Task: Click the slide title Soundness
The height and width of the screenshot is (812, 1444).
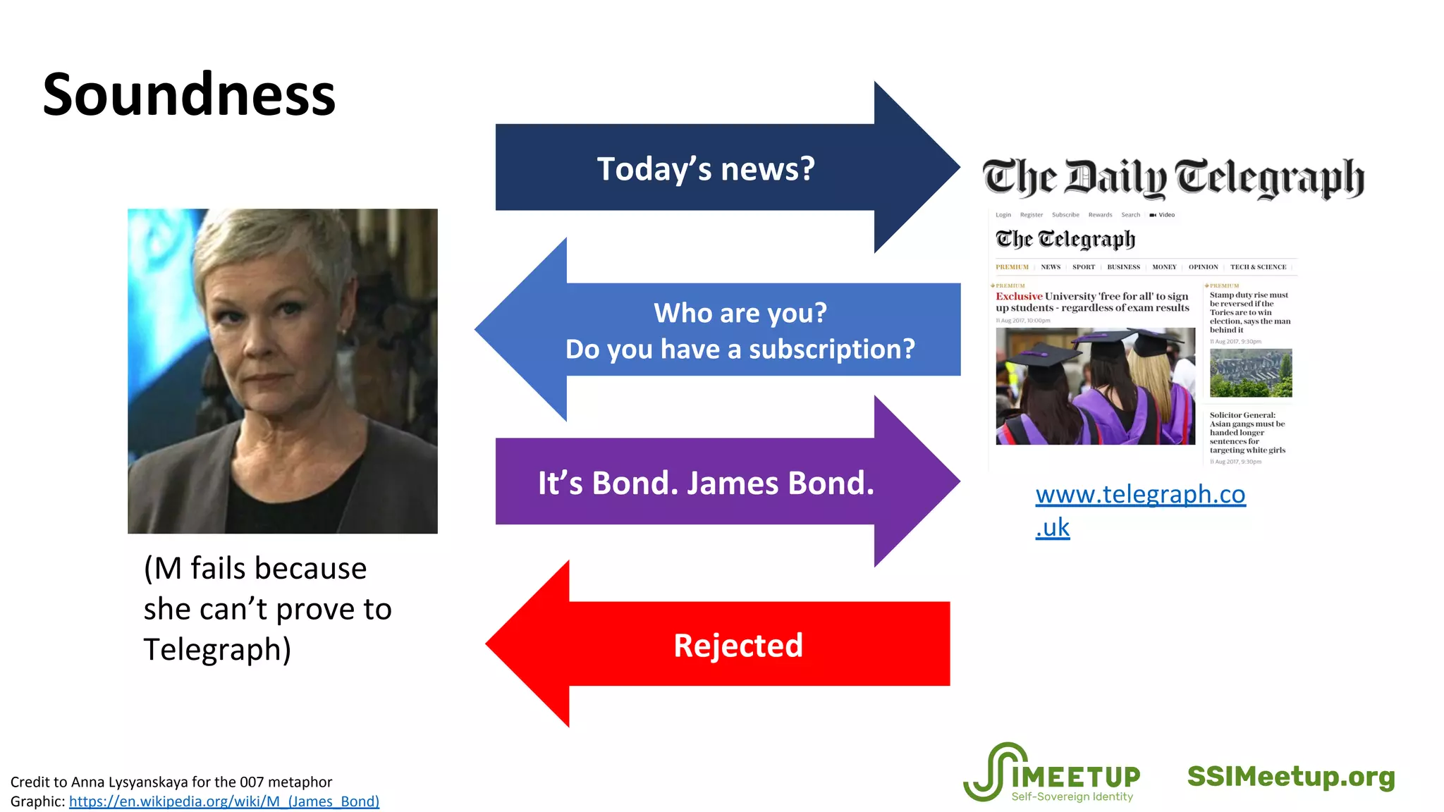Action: coord(189,95)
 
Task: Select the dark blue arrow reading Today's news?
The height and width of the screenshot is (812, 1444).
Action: coord(705,168)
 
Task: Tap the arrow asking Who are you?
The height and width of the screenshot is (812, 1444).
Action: coord(740,330)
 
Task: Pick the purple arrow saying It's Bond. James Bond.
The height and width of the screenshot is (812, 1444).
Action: coord(705,483)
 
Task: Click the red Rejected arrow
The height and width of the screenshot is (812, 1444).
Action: coord(719,644)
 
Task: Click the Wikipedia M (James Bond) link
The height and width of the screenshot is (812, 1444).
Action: coord(224,801)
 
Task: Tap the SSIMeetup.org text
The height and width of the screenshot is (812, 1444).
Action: coord(1291,777)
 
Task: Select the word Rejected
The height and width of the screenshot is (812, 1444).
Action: coord(738,646)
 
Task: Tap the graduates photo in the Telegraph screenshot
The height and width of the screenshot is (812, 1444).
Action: coord(1095,386)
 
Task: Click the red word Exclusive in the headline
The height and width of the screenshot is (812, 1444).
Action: coord(1019,297)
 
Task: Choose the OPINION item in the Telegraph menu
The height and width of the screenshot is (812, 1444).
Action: coord(1203,267)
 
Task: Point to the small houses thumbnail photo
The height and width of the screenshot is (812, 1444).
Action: coord(1251,373)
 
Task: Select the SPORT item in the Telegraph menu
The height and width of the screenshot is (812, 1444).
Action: coord(1084,267)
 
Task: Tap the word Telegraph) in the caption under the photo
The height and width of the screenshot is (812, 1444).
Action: coord(217,649)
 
